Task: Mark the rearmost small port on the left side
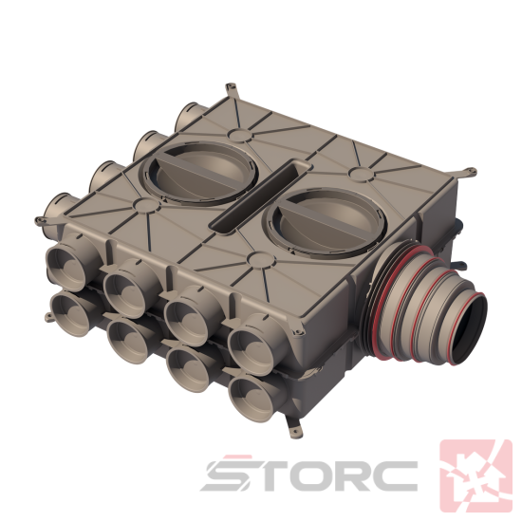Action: click(191, 118)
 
